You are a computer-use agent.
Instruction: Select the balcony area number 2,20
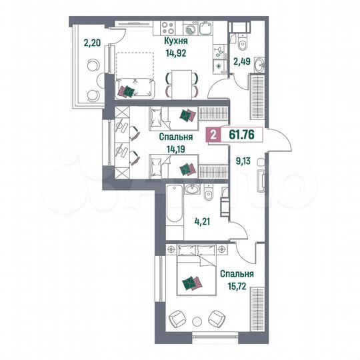[x=91, y=45]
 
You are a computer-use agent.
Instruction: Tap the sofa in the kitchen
[x=136, y=87]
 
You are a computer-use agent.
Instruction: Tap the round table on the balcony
[x=92, y=67]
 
